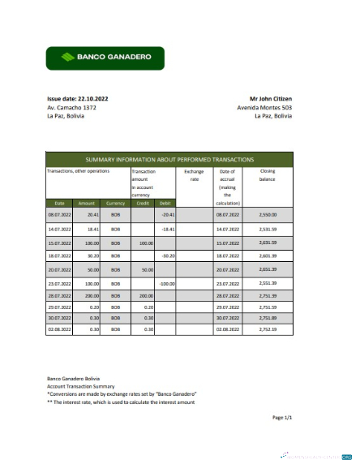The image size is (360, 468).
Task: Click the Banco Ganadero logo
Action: pos(105,58)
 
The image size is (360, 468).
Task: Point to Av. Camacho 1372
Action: pos(72,107)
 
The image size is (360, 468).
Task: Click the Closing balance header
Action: pos(268,176)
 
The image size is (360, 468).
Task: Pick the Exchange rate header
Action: pos(194,176)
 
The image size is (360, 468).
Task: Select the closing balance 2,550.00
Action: pos(268,215)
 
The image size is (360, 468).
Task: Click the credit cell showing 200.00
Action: pos(146,297)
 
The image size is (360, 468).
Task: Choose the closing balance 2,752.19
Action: pos(268,330)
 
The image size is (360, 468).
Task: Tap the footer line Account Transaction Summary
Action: pos(81,386)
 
